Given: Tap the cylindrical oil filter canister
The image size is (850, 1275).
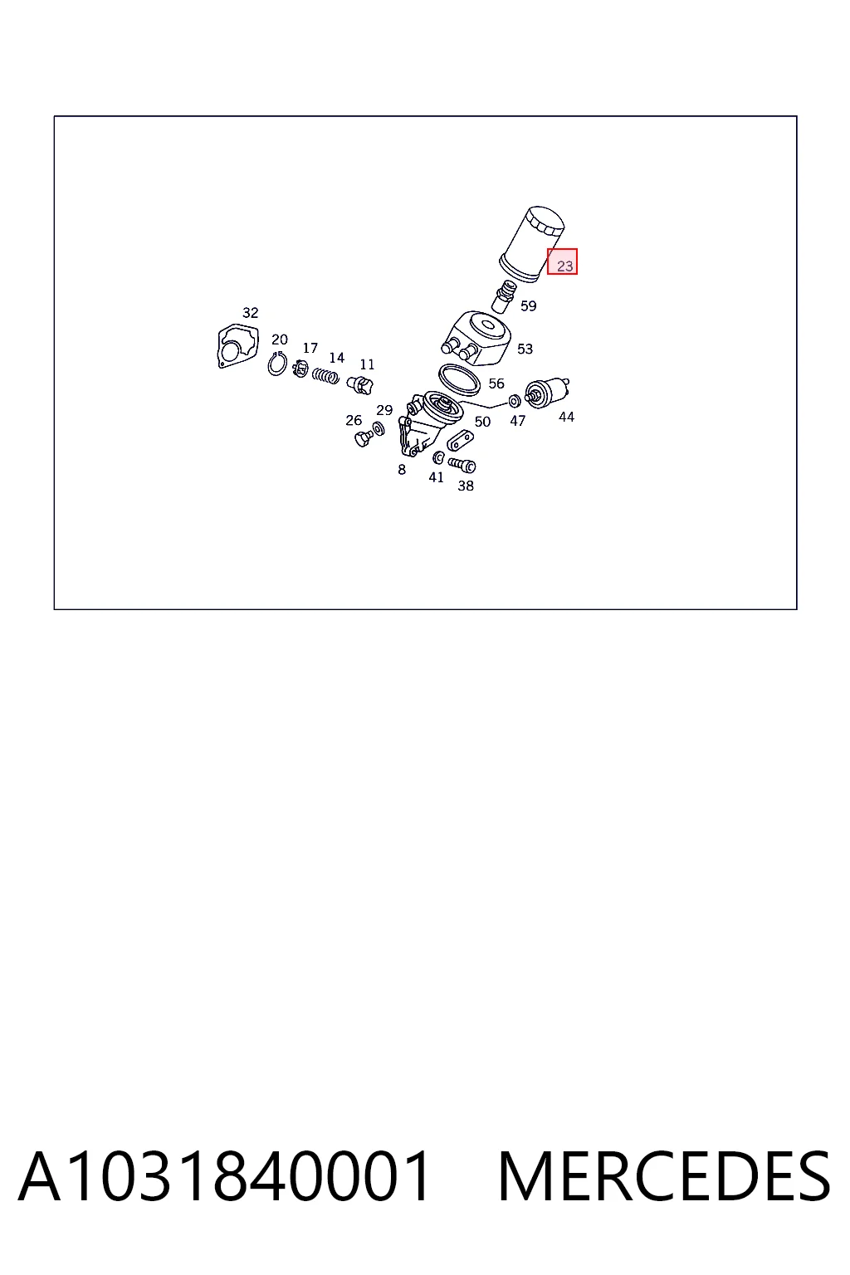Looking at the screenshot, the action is (x=532, y=244).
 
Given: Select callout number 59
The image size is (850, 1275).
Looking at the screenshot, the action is (x=528, y=305).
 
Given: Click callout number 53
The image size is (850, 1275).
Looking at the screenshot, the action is (x=525, y=349).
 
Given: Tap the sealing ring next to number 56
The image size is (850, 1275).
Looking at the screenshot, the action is (x=459, y=379).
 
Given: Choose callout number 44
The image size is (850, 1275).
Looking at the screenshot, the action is (x=566, y=417).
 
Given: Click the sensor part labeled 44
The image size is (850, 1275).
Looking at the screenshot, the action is (x=547, y=393).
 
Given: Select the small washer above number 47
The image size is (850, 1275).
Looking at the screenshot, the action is (x=514, y=401).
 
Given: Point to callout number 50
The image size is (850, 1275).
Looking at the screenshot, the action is (x=482, y=421).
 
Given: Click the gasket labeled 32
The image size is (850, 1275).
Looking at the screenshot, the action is (x=238, y=346).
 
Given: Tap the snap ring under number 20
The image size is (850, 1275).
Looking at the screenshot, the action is (x=277, y=364).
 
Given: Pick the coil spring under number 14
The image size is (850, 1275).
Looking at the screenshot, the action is (x=325, y=375).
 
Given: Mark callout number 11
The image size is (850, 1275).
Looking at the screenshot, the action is (x=367, y=364).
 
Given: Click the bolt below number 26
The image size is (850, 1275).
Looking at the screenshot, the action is (x=362, y=438).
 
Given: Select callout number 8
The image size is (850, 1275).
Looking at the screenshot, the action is (x=402, y=470).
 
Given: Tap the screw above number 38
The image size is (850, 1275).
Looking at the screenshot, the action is (x=462, y=465).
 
